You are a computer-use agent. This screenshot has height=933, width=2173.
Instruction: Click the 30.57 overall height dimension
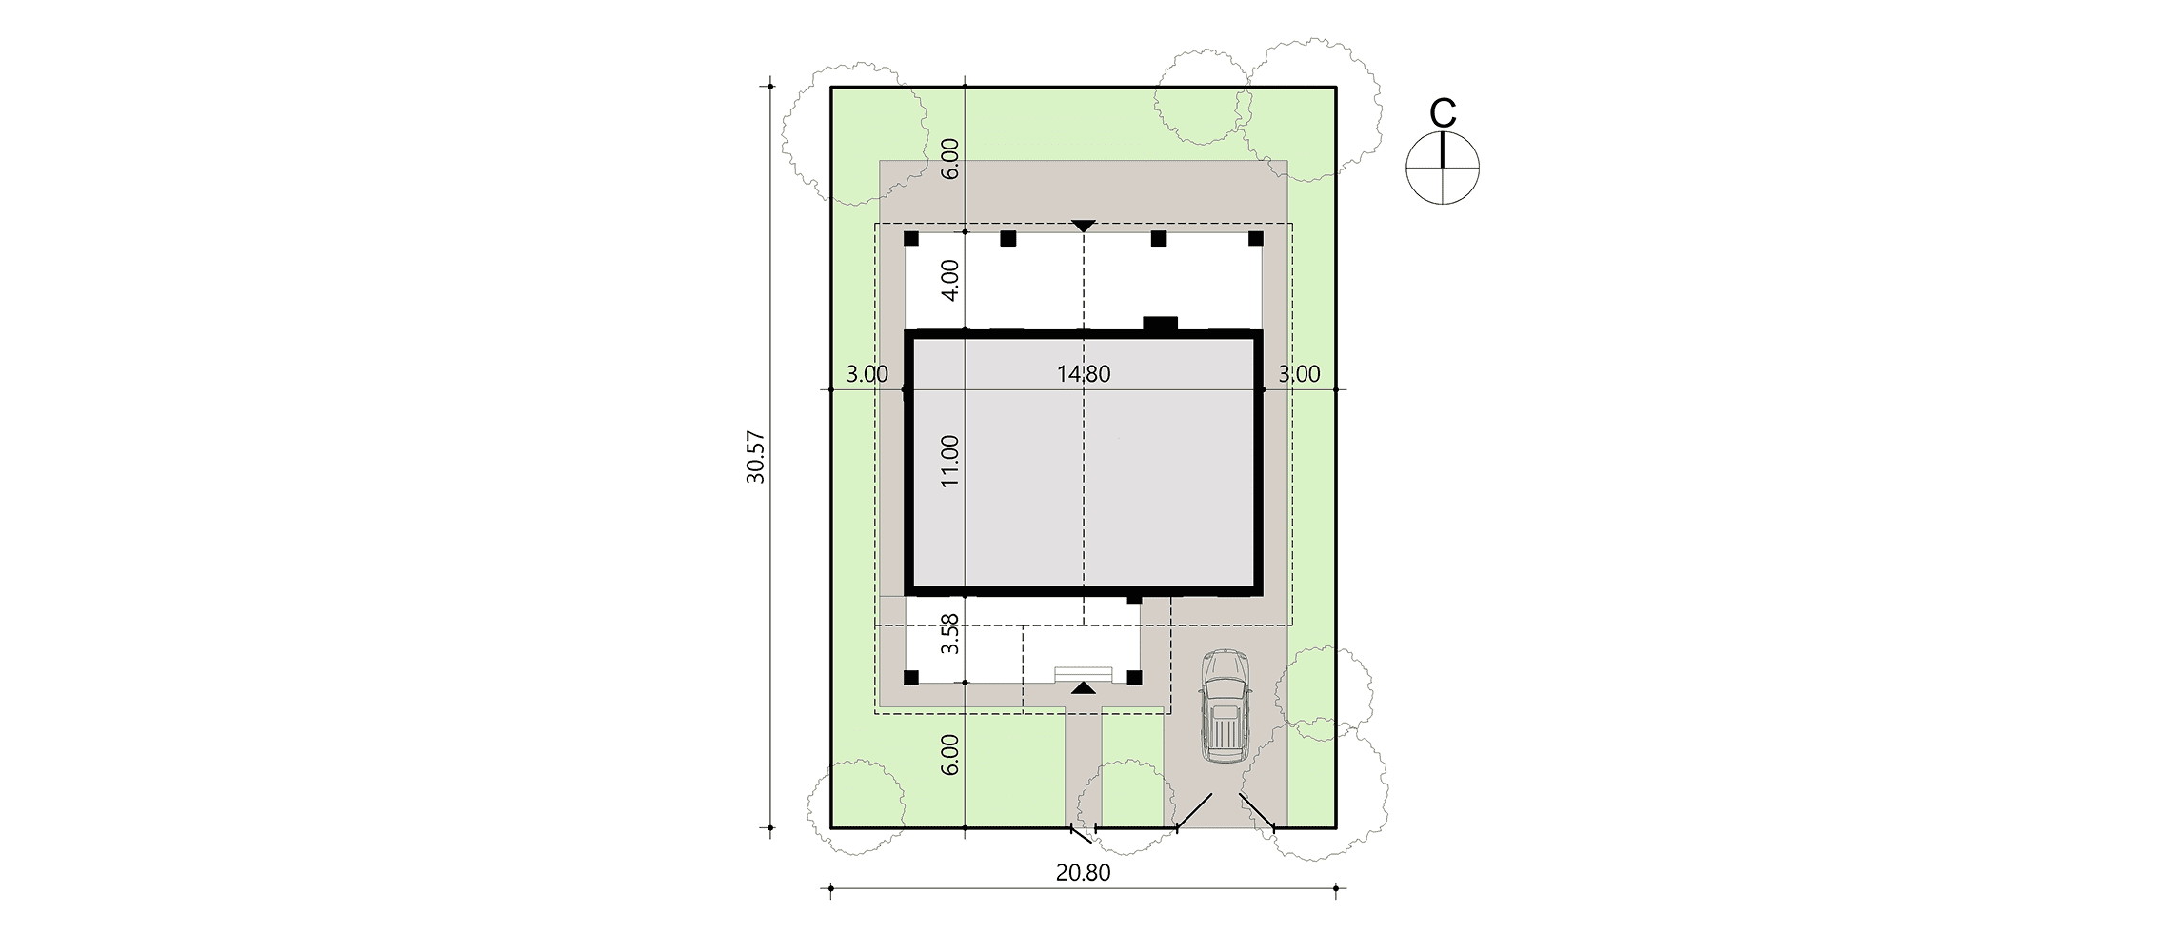756,458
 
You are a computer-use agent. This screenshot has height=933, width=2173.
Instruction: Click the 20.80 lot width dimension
1084,872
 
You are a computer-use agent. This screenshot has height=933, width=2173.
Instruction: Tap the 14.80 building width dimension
1084,374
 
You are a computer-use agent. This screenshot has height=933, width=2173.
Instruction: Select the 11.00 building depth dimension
950,462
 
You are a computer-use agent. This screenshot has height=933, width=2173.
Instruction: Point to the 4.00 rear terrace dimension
950,280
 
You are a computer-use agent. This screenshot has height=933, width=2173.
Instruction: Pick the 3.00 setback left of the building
867,374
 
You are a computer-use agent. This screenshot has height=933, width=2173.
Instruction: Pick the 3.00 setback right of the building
1299,374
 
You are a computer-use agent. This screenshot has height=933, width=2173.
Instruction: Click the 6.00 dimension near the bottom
950,755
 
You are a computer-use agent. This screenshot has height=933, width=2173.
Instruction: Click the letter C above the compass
1444,113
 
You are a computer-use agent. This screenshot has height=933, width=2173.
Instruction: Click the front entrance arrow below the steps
1083,687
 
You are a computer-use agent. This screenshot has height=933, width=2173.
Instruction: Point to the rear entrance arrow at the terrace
1084,226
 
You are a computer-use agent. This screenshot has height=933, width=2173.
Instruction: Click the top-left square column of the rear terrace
911,238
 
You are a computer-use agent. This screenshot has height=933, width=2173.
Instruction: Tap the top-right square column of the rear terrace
1256,238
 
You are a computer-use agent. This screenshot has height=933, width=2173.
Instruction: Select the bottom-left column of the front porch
911,678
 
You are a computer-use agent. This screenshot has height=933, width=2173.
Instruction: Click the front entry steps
1083,673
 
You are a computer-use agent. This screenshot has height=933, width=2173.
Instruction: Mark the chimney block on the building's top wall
1161,324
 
